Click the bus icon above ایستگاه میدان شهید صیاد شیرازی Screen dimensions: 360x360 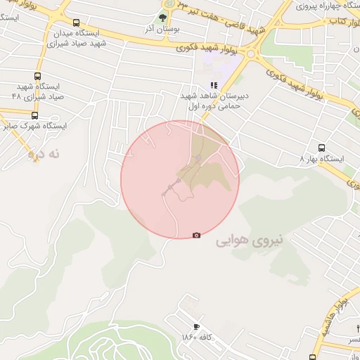coord(76,22)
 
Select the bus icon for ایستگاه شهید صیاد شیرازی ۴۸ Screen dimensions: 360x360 coord(37,77)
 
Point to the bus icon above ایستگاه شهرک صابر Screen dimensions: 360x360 coord(34,115)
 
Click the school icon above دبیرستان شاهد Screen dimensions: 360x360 coord(214,84)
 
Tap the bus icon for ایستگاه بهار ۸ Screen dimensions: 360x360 coord(322,148)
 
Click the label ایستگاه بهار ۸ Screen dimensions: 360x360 coord(321,159)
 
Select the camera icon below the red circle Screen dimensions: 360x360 coord(196,235)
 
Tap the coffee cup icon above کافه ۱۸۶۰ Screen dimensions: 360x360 coord(196,327)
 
